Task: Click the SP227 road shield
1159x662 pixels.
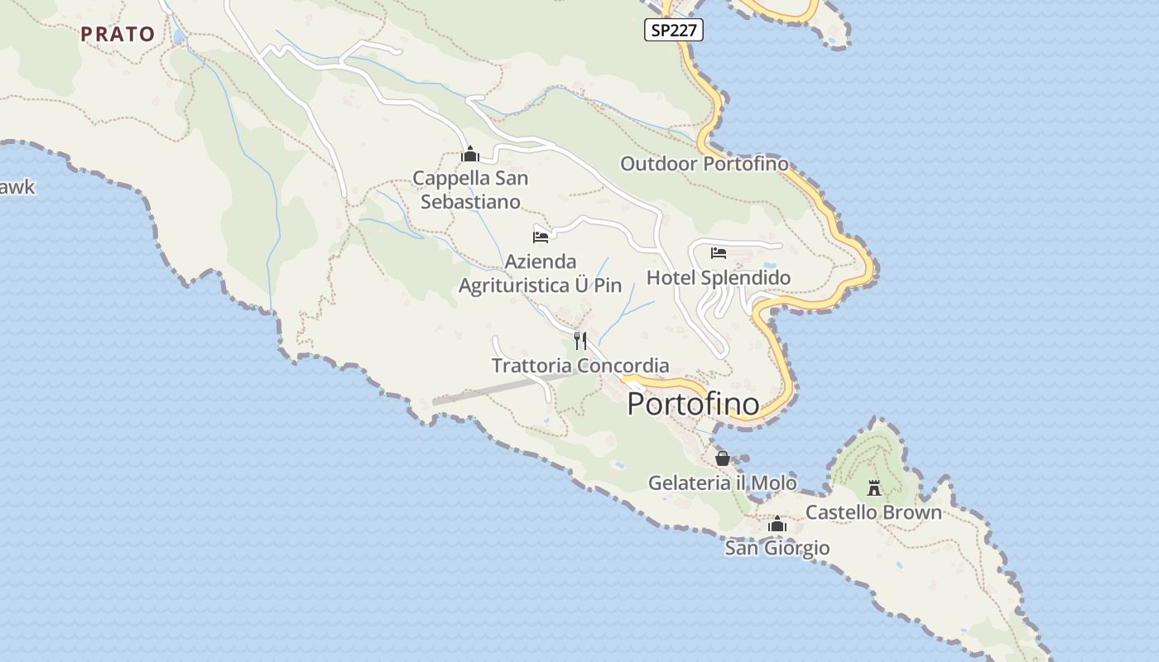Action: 674,31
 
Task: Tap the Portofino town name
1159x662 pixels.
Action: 693,404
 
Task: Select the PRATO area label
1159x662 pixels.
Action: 118,34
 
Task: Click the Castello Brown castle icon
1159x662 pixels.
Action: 874,487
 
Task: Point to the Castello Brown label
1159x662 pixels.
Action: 873,512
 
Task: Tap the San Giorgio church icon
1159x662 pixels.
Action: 777,524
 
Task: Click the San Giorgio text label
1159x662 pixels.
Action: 777,548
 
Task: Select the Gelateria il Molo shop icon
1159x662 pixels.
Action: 723,458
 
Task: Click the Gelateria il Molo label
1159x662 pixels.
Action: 723,482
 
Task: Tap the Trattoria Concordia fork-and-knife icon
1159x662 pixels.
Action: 580,340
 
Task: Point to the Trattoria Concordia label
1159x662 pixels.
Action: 580,365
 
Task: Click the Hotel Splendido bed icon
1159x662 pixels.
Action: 719,252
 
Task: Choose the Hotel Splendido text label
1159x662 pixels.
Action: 719,277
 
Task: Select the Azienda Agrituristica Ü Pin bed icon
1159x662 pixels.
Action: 541,237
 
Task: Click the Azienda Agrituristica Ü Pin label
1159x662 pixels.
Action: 540,273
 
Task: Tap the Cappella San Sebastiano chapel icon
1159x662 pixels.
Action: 470,154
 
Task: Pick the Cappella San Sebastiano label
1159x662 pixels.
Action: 470,189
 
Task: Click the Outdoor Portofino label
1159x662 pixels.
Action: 705,163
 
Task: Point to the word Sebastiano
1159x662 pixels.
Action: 470,201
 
